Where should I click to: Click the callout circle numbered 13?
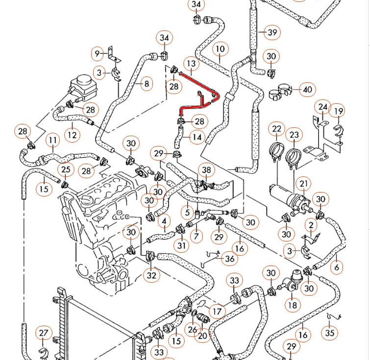tap(191, 64)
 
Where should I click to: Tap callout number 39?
tap(272, 33)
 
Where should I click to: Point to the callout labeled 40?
tap(308, 90)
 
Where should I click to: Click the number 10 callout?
tap(220, 49)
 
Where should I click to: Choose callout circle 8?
tap(146, 84)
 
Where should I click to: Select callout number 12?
tap(72, 134)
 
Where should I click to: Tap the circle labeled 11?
tap(53, 141)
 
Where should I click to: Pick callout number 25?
tap(66, 170)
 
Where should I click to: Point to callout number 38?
tap(207, 170)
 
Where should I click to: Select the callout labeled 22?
tap(277, 129)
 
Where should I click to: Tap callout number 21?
tap(304, 184)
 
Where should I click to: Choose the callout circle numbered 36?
tap(229, 259)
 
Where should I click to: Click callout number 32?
tap(151, 275)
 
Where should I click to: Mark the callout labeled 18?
tap(292, 305)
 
